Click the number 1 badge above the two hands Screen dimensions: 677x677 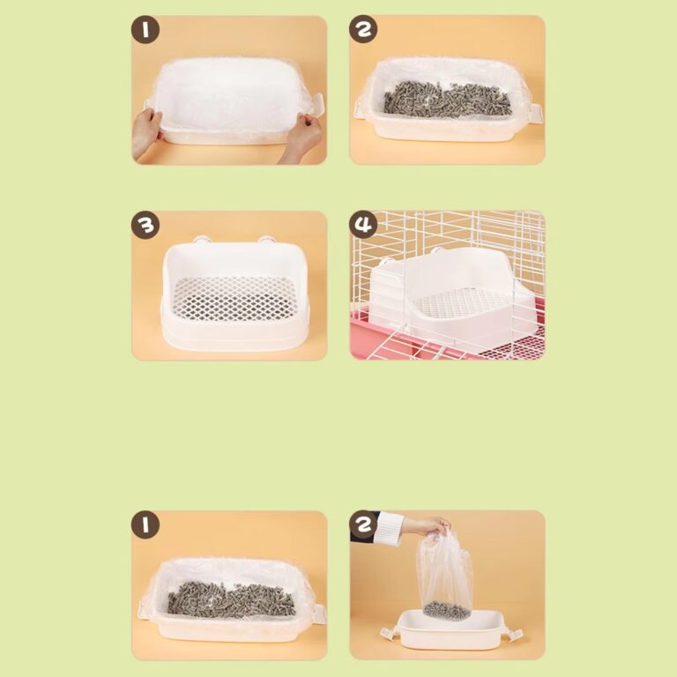click(145, 31)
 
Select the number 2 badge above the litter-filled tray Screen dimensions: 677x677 click(363, 31)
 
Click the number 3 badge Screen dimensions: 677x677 click(145, 226)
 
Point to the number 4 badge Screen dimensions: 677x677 click(363, 226)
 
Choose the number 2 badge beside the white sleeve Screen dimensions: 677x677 click(363, 526)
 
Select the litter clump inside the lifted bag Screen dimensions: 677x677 click(446, 609)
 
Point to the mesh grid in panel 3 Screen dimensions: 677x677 click(233, 298)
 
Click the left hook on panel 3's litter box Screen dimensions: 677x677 click(201, 239)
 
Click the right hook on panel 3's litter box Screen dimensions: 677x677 click(264, 239)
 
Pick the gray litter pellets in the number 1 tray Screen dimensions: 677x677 click(231, 599)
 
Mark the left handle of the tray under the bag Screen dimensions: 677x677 click(386, 632)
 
